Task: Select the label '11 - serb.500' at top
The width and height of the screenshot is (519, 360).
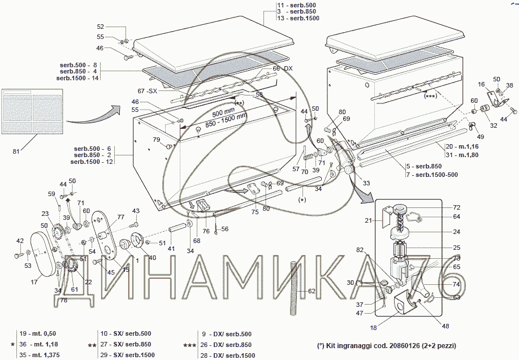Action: click(297, 5)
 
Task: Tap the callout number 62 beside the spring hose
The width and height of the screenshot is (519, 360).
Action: click(312, 291)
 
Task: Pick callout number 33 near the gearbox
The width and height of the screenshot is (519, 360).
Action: click(366, 183)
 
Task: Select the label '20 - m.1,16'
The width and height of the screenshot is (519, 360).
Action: click(458, 146)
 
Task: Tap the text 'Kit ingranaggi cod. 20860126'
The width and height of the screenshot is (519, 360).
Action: click(386, 345)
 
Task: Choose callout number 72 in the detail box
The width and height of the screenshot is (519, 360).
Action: click(440, 208)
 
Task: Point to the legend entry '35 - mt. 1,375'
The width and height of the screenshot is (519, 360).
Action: click(40, 355)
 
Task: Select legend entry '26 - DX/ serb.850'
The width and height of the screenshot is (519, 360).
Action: click(226, 345)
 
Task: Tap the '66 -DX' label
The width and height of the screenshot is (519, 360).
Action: click(283, 68)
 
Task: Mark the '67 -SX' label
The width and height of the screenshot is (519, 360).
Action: click(148, 91)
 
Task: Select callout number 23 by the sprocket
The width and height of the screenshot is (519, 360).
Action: click(45, 214)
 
